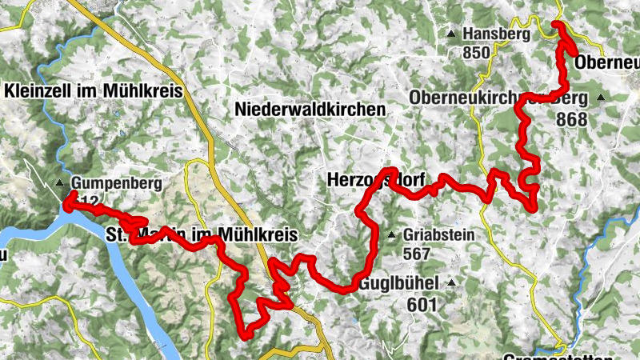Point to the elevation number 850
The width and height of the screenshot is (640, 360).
click(476, 53)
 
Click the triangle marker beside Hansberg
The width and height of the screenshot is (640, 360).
click(451, 34)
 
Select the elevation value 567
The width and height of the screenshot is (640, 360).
click(418, 254)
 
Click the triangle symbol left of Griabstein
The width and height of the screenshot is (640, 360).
click(392, 235)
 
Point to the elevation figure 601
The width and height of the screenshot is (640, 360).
click(422, 304)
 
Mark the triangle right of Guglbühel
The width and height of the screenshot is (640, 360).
click(452, 283)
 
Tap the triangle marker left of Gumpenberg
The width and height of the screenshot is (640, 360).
click(60, 184)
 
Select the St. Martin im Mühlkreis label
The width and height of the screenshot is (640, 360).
click(202, 235)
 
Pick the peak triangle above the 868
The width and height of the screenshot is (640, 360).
click(601, 98)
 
